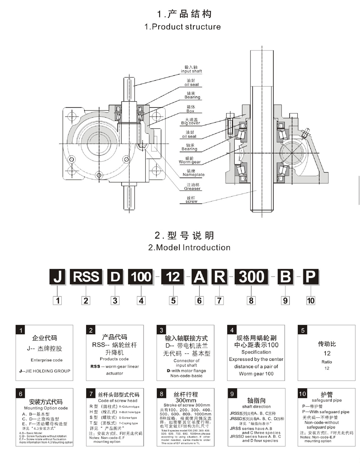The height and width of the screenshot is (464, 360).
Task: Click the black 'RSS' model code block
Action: [86, 277]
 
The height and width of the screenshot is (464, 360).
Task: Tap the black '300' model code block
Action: [251, 277]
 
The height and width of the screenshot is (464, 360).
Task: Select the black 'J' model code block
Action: [58, 277]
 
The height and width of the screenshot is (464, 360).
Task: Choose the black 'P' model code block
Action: [310, 277]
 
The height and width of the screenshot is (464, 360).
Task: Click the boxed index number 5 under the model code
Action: [174, 300]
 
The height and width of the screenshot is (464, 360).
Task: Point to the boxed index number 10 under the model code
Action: [310, 300]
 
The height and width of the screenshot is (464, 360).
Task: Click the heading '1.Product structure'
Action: [183, 27]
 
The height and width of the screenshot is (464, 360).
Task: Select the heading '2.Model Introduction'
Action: [189, 248]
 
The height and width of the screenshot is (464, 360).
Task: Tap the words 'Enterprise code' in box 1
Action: [46, 360]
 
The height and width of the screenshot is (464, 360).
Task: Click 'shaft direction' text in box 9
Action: [256, 406]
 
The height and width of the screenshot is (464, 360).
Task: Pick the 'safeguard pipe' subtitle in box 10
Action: [327, 400]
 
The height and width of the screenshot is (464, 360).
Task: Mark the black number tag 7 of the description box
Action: [91, 394]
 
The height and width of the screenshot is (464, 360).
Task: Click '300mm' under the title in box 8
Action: [186, 400]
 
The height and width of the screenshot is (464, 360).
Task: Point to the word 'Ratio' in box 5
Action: [327, 362]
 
